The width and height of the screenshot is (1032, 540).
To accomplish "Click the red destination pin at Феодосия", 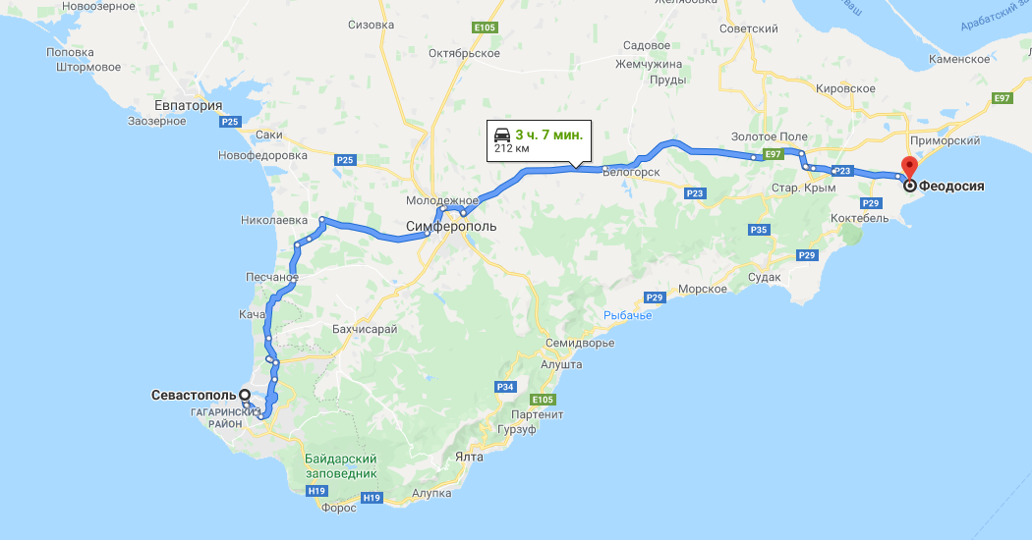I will coord(909,167).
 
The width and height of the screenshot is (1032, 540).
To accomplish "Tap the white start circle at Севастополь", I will coord(244,395).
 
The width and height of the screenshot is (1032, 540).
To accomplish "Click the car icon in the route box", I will coord(501,135).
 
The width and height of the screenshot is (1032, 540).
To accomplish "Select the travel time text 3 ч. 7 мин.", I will coord(548,135).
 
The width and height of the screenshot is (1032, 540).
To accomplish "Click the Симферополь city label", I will coord(451,226).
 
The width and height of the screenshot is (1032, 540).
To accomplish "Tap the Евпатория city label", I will coord(189,105).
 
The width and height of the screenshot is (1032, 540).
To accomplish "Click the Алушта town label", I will coord(561,364).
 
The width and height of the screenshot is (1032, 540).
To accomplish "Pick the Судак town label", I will coord(763,277).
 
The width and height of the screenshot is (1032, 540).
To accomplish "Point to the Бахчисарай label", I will coord(365,329).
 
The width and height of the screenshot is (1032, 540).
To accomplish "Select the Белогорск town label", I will coord(629,172).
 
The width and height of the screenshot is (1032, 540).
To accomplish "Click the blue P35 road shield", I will coord(758,230).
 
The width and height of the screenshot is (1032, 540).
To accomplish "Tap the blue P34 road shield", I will coord(505,387).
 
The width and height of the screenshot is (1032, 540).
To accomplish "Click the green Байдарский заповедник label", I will coord(341,465).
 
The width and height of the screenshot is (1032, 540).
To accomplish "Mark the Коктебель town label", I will coord(859,218).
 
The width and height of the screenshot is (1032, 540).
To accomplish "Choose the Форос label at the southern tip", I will coord(338,509).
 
